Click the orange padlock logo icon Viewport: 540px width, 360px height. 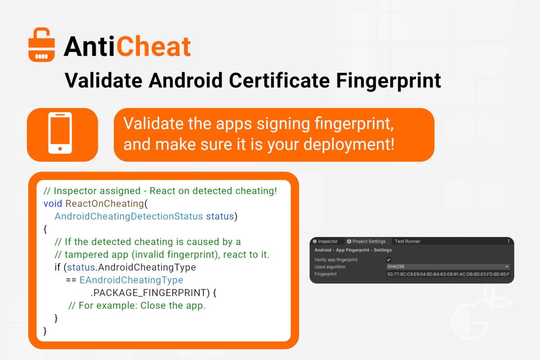pyautogui.click(x=41, y=45)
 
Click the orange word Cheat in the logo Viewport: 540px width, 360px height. pyautogui.click(x=154, y=46)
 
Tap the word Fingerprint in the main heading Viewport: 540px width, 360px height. pyautogui.click(x=388, y=81)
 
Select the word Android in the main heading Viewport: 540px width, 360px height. pyautogui.click(x=185, y=80)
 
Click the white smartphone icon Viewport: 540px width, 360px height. pyautogui.click(x=60, y=133)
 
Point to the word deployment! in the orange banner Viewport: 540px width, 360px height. pyautogui.click(x=349, y=145)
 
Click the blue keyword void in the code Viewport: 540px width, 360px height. pyautogui.click(x=53, y=204)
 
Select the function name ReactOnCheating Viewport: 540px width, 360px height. pyautogui.click(x=105, y=204)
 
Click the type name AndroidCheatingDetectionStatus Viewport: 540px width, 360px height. pyautogui.click(x=129, y=216)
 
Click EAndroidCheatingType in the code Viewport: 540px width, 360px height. pyautogui.click(x=131, y=280)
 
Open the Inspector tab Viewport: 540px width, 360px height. pyautogui.click(x=325, y=241)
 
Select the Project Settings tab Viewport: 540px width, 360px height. pyautogui.click(x=366, y=241)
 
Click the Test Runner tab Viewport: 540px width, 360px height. pyautogui.click(x=407, y=241)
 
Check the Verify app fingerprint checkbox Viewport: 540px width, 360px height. pyautogui.click(x=389, y=260)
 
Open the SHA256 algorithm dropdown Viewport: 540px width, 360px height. pyautogui.click(x=448, y=267)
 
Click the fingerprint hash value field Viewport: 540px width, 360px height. pyautogui.click(x=448, y=274)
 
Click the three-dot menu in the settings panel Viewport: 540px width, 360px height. pyautogui.click(x=508, y=241)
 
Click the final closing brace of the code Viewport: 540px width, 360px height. pyautogui.click(x=45, y=331)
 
